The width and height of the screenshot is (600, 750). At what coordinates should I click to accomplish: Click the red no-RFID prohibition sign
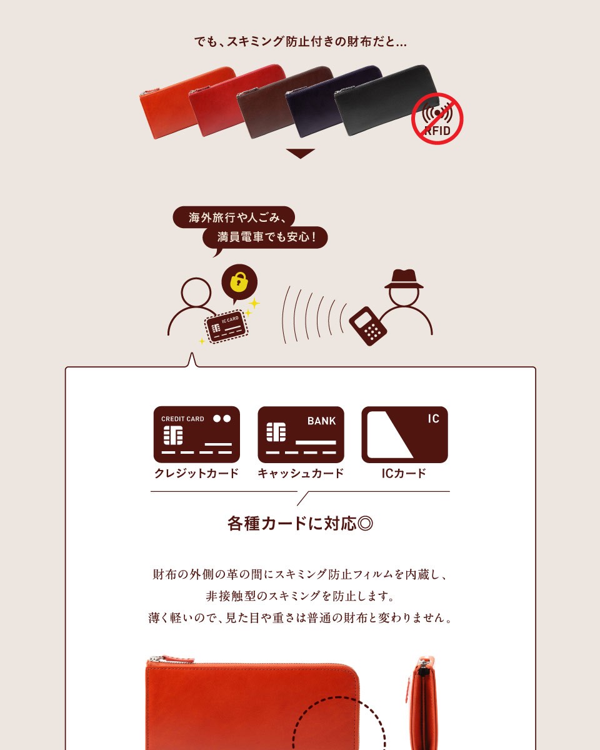437,119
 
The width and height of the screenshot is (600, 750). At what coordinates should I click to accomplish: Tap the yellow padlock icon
239,282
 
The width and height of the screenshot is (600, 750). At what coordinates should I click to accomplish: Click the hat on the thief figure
404,279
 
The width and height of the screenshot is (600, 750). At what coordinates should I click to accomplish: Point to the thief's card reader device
367,326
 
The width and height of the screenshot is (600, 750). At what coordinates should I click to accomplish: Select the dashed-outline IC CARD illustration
226,326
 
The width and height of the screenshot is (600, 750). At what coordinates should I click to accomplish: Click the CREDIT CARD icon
197,434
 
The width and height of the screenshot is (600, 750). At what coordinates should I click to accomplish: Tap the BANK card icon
301,434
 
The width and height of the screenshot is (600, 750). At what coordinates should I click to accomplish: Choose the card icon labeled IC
404,434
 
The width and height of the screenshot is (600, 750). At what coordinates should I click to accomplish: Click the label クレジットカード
197,473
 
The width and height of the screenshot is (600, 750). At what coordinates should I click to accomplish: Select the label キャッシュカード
301,473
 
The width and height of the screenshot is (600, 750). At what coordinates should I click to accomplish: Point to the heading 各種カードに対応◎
300,524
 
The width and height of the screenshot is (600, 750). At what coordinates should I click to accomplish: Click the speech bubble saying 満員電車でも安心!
265,237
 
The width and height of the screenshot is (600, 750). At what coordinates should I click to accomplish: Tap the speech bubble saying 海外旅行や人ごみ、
234,217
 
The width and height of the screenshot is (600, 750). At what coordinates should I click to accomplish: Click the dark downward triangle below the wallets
301,153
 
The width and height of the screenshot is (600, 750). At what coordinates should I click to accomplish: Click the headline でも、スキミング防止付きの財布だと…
301,42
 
